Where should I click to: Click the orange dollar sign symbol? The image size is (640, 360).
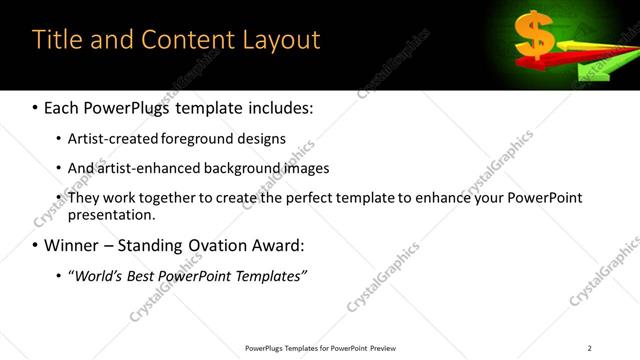[x=534, y=36]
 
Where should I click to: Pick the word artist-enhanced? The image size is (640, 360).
[x=151, y=168]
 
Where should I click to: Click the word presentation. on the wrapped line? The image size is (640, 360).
[x=111, y=215]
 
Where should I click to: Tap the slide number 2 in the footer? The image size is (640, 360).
[x=589, y=348]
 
